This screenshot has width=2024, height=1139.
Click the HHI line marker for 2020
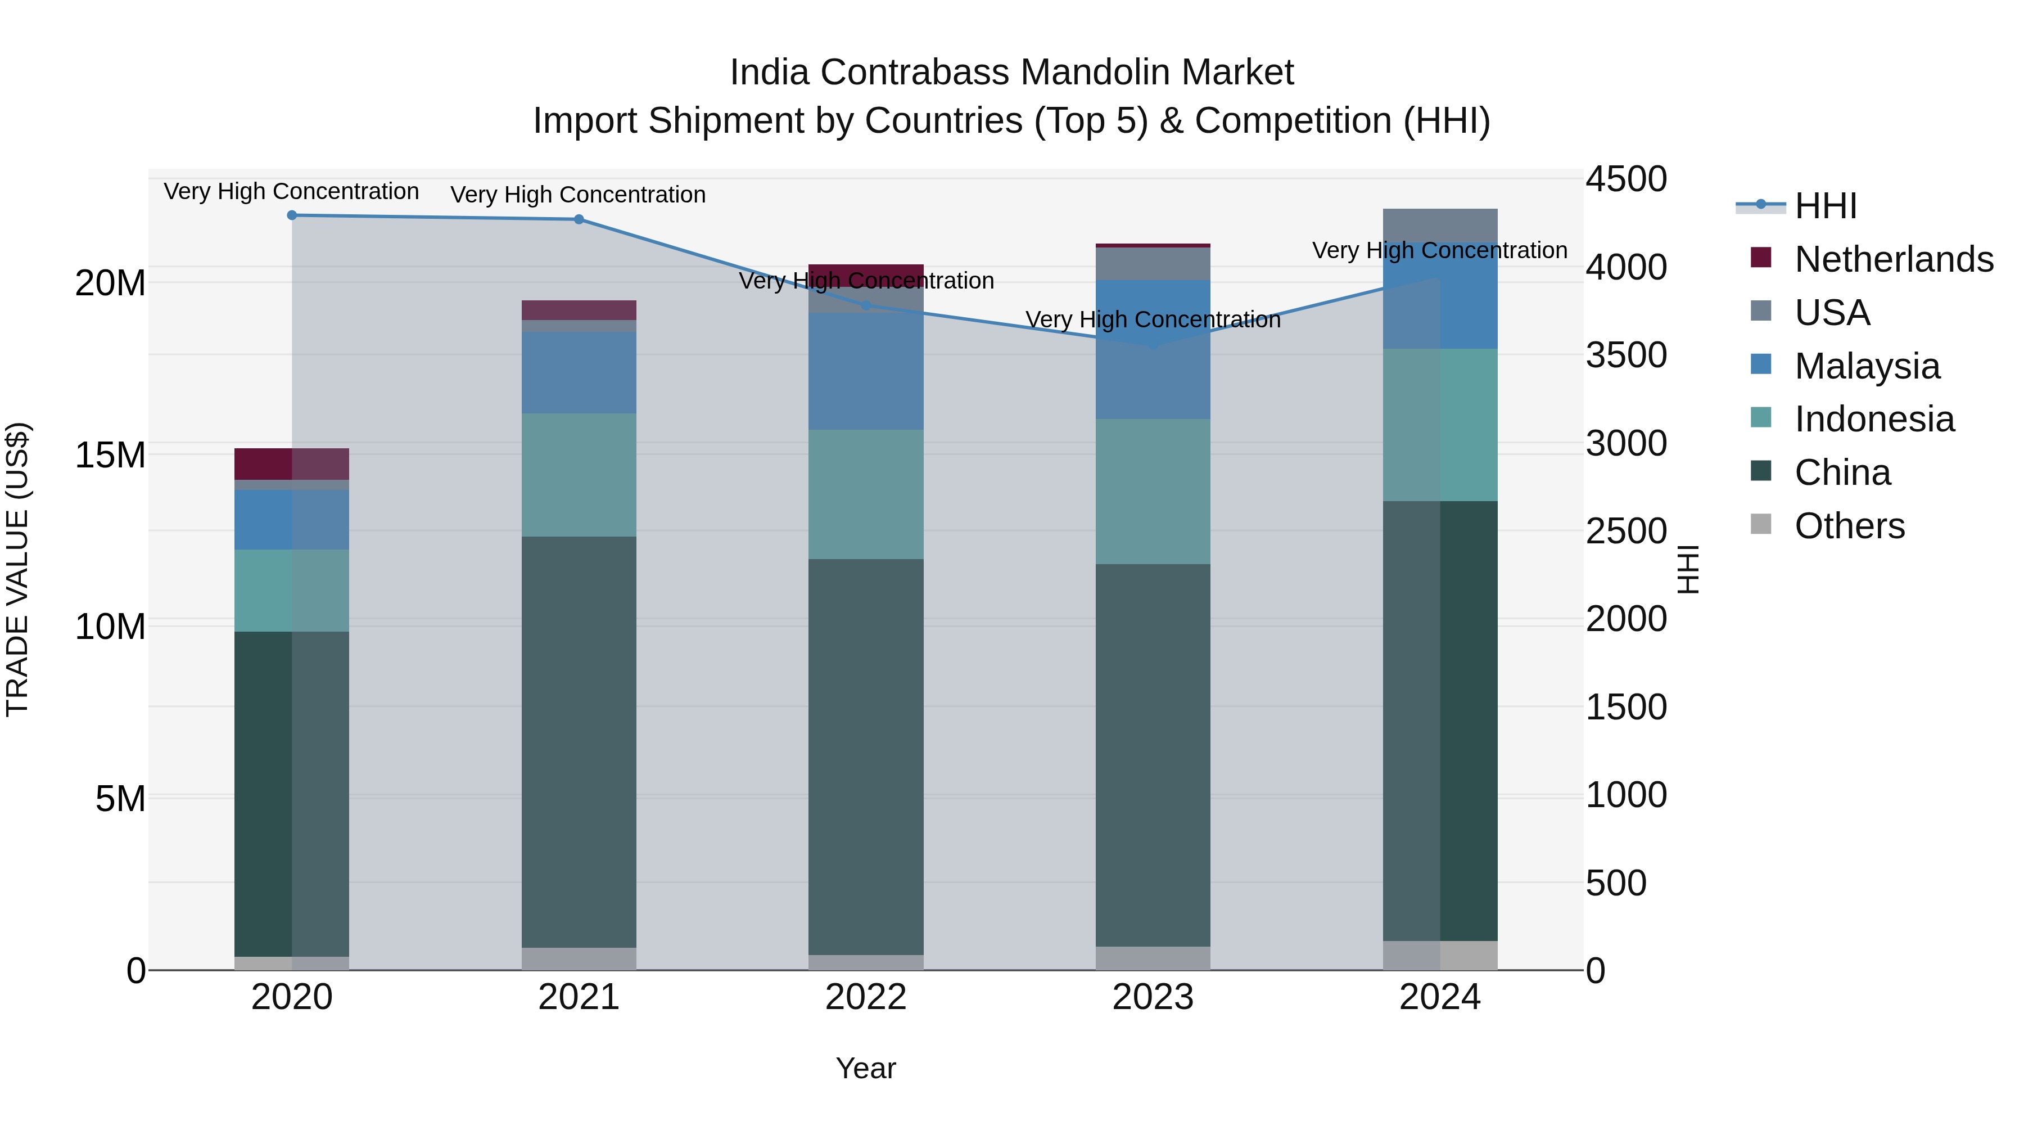click(291, 215)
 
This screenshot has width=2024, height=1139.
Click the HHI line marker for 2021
click(579, 219)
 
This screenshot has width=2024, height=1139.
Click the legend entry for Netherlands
click(1893, 259)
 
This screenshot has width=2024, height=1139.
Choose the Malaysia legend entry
click(1866, 366)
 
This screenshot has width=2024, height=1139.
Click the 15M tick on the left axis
click(110, 455)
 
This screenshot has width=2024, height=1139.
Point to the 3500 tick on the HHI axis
click(1625, 354)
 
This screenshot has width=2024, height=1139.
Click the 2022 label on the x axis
click(866, 997)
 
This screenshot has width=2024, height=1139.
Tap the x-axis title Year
click(866, 1068)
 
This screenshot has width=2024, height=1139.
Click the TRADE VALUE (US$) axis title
click(17, 569)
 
